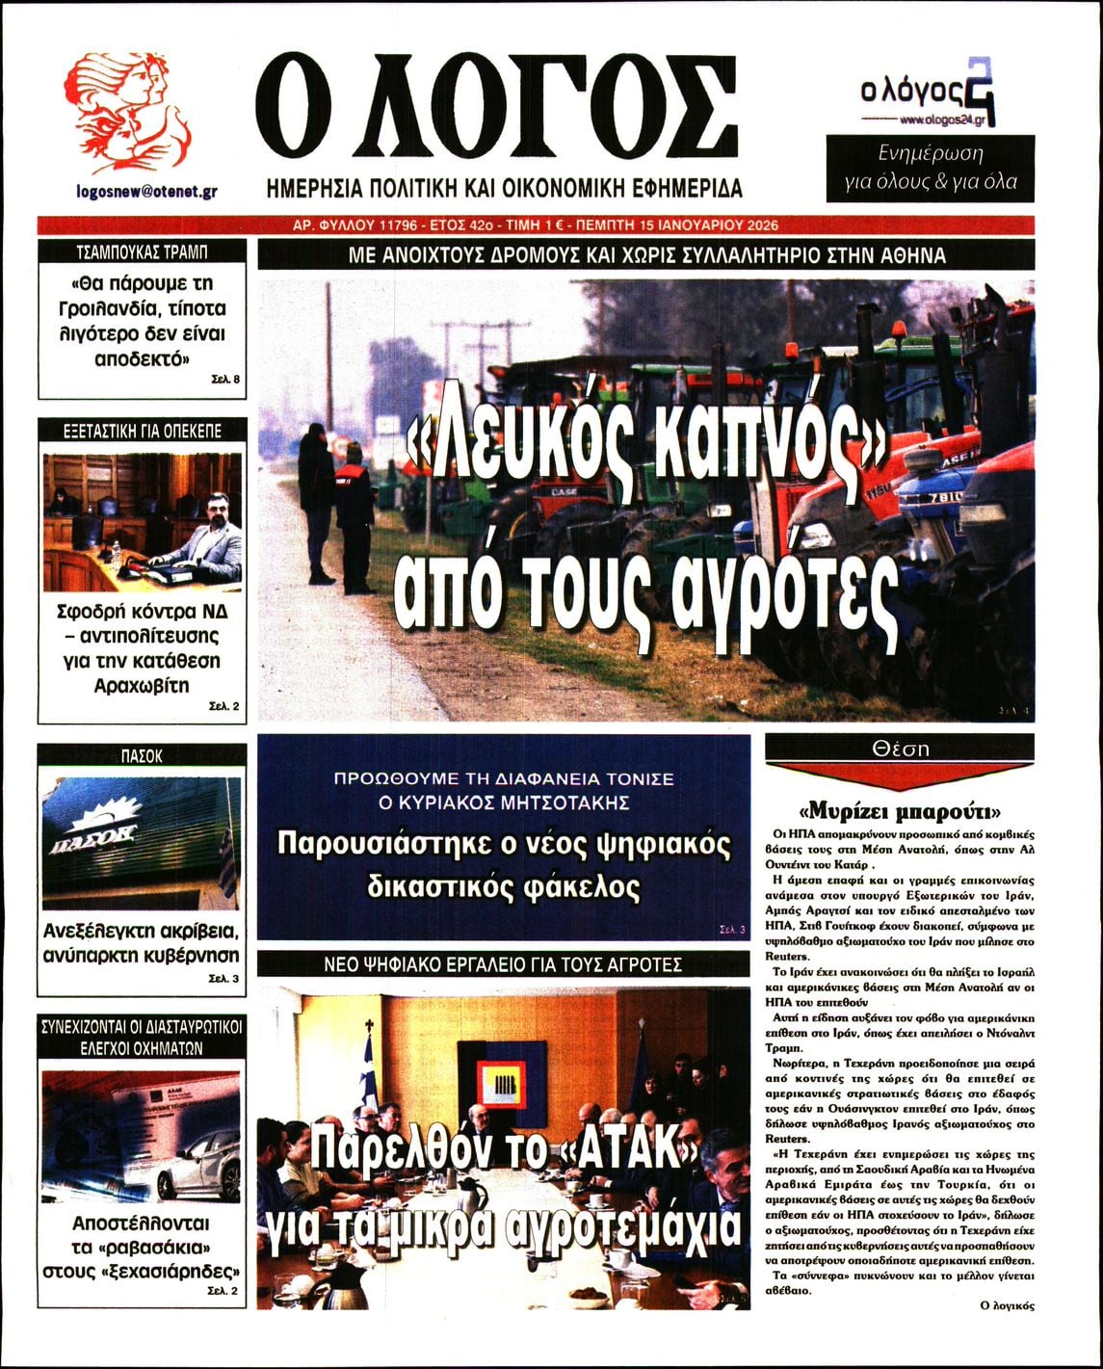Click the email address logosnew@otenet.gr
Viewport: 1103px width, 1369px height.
click(x=146, y=191)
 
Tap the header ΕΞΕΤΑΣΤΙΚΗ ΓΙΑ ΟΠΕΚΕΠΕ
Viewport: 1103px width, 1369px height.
click(x=142, y=431)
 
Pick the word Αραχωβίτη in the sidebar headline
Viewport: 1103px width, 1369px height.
click(x=142, y=686)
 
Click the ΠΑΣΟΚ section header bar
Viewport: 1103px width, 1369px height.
click(x=142, y=756)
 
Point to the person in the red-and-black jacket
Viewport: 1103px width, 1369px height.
click(x=353, y=511)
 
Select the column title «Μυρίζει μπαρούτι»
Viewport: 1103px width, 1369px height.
click(x=900, y=808)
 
